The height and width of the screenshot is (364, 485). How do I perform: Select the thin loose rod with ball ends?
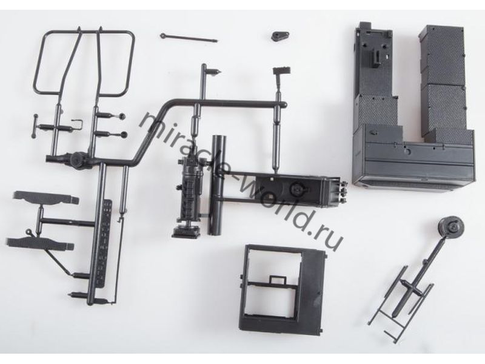[189, 38]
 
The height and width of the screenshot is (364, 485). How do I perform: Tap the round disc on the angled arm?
[452, 229]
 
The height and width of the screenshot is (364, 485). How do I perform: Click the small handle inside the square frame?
[278, 280]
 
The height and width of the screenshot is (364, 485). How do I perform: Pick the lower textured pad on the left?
[39, 244]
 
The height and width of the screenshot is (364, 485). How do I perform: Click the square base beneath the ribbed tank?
[186, 231]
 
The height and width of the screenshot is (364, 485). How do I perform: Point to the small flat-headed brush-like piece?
[281, 71]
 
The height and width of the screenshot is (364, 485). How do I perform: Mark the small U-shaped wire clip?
[78, 124]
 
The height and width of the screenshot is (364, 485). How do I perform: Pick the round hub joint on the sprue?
[76, 160]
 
